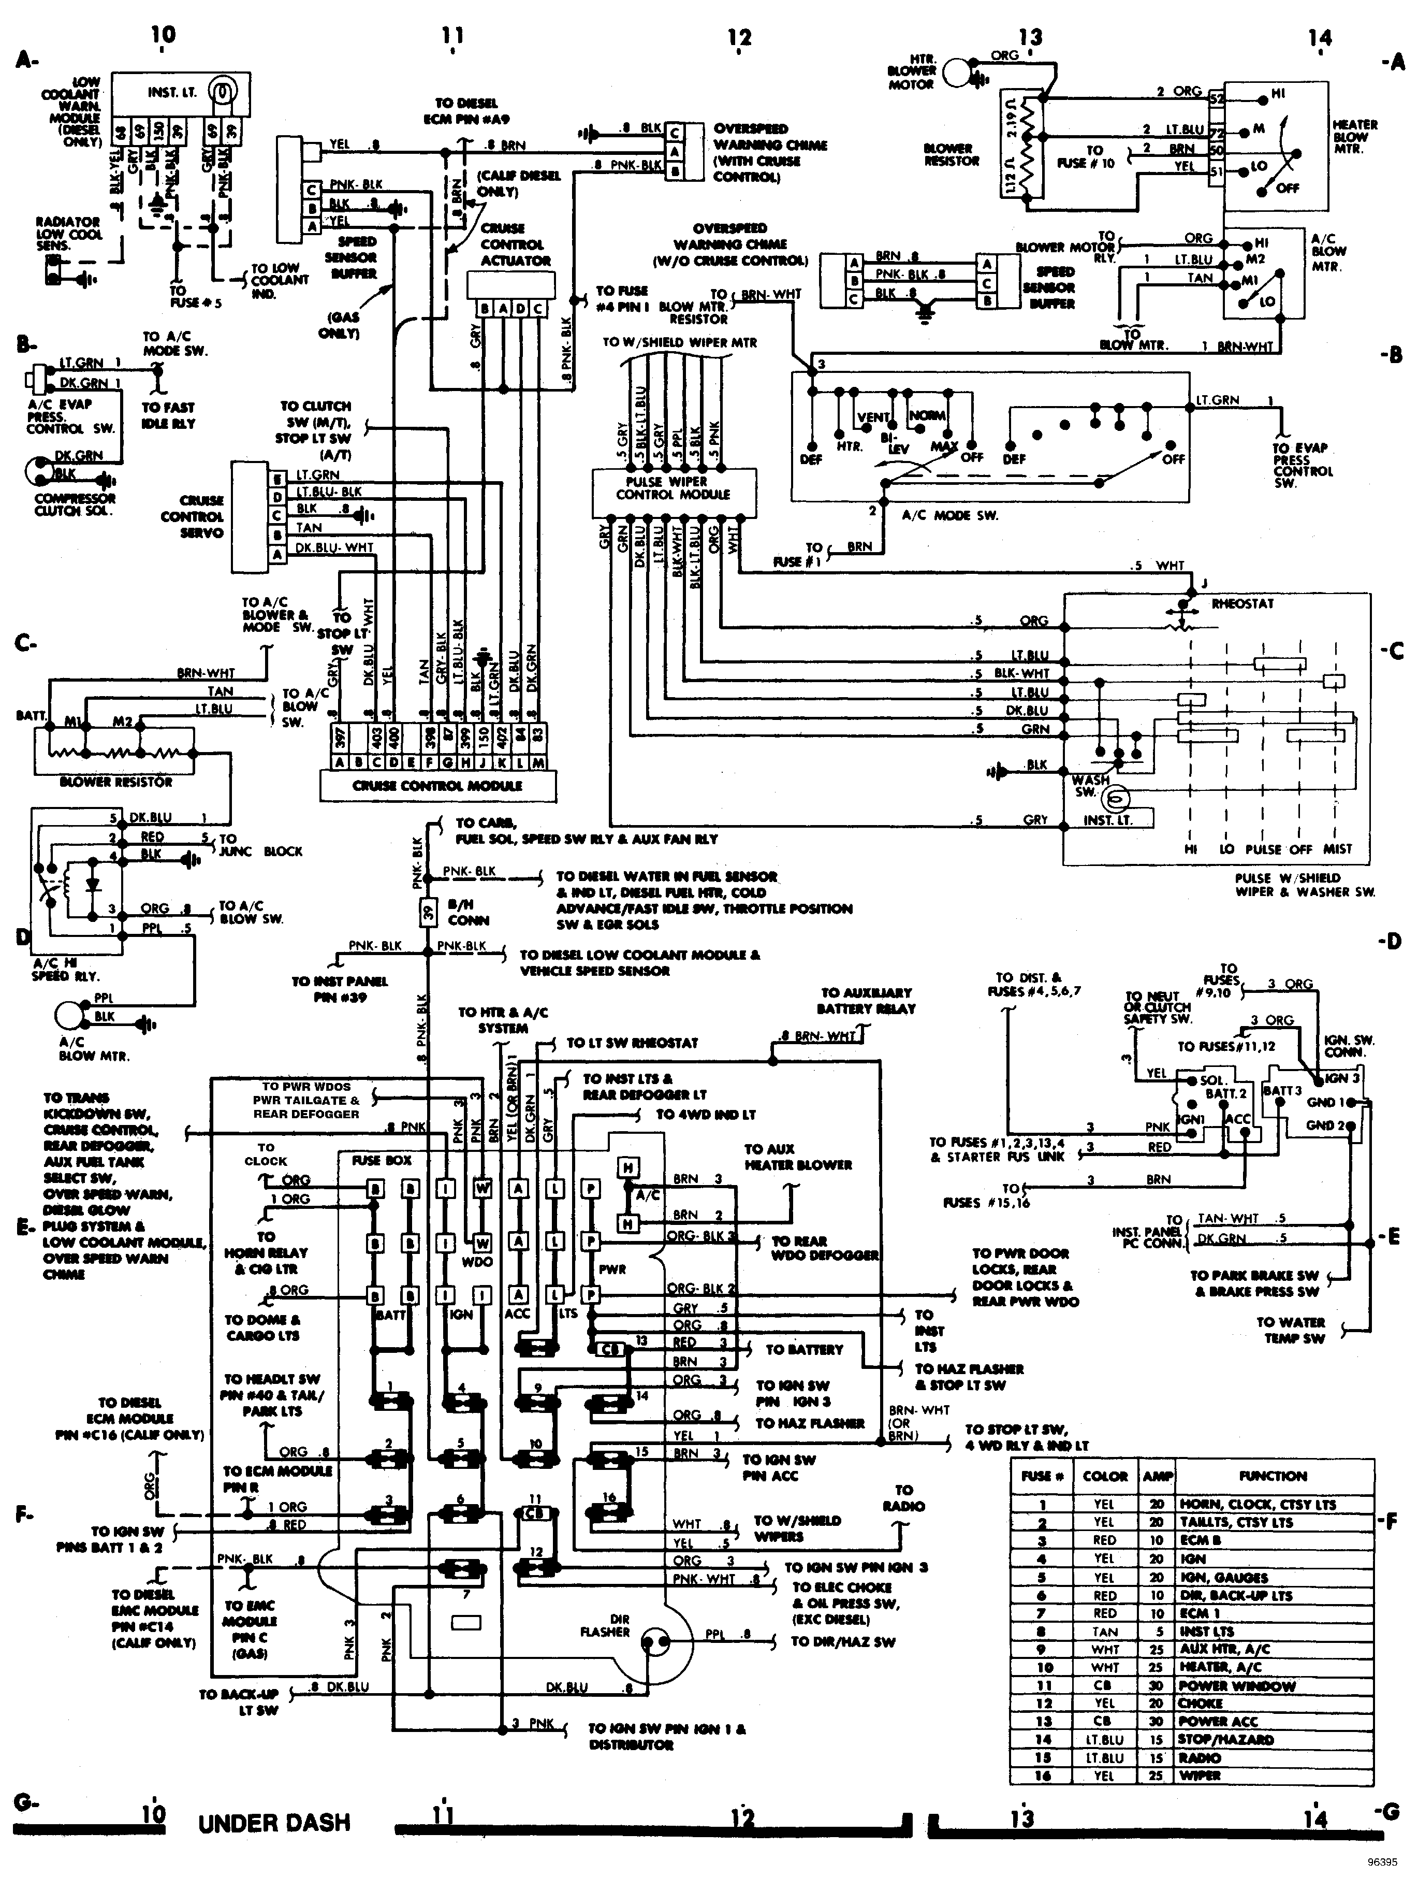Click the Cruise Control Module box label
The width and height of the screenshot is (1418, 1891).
tap(437, 786)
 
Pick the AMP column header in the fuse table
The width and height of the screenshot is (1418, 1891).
tap(1158, 1476)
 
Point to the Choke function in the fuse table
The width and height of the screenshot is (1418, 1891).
tap(1202, 1703)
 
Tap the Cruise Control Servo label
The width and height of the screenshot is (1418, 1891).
tap(192, 516)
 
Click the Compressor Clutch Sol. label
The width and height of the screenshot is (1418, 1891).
tap(75, 504)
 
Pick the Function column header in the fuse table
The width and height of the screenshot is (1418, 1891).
tap(1273, 1476)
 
